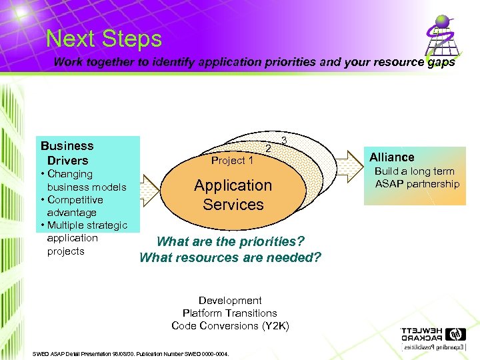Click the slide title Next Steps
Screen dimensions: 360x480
point(104,39)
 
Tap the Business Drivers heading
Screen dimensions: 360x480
point(67,153)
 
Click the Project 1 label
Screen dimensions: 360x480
point(232,161)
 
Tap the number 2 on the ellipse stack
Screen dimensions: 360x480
point(268,148)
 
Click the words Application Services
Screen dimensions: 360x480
point(233,195)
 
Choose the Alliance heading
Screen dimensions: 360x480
point(392,157)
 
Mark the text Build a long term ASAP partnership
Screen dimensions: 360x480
point(417,178)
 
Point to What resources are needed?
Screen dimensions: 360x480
point(230,257)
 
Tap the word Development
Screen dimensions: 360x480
point(230,301)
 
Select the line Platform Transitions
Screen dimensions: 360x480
point(230,313)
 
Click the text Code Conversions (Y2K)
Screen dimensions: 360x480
point(230,326)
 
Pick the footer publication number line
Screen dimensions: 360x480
point(131,354)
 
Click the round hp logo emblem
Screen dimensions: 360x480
point(457,334)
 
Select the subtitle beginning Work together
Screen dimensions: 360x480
point(254,63)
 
